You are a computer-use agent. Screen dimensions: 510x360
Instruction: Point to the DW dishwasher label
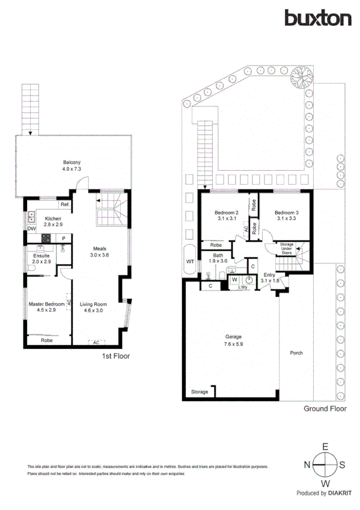(31, 229)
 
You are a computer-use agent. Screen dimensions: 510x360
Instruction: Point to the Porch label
(296, 353)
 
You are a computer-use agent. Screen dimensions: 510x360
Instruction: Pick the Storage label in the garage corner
(199, 392)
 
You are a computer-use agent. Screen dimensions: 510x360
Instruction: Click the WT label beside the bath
(190, 262)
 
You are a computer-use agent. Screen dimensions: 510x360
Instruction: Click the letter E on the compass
(325, 447)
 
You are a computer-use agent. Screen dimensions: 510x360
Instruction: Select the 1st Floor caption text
(115, 356)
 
